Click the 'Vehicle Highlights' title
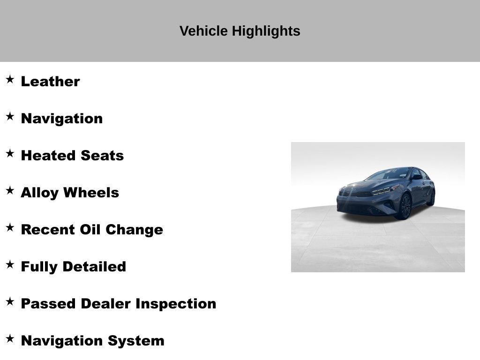pos(240,31)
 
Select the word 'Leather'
pos(50,82)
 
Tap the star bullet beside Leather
pos(10,79)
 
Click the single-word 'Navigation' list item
pos(61,119)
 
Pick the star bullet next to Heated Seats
pos(10,153)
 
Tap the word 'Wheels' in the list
pos(91,193)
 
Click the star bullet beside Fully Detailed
pos(10,264)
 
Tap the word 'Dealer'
pos(105,304)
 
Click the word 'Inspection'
pos(176,304)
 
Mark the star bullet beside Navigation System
pos(10,338)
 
